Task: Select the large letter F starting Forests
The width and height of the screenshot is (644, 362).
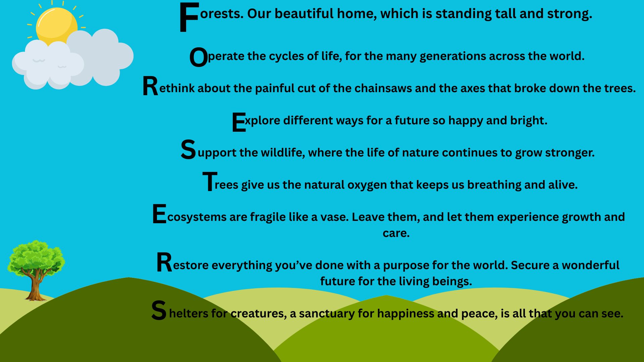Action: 189,17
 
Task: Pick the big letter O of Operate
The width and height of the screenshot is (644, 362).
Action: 199,58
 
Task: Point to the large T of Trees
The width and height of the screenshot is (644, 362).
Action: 210,181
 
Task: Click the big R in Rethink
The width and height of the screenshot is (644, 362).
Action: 150,86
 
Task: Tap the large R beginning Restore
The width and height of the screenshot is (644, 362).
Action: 164,263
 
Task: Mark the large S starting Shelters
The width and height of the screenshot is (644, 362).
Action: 159,311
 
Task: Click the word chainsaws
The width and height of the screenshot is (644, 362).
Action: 383,88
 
